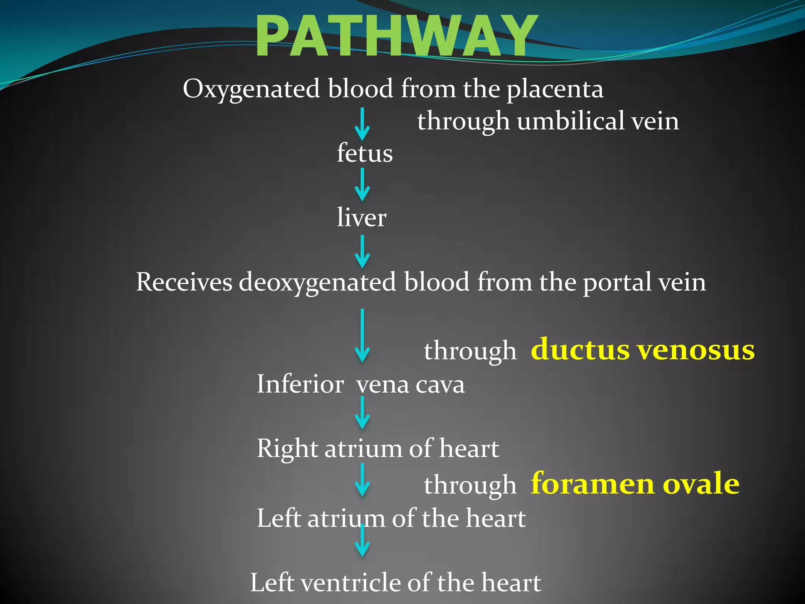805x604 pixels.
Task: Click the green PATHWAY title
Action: [x=396, y=36]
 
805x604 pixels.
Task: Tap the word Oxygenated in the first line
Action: [x=251, y=89]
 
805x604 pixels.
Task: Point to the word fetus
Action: [x=364, y=153]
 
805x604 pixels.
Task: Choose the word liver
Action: [x=362, y=217]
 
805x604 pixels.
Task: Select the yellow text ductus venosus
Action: [x=642, y=349]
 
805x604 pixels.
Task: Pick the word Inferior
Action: [x=300, y=384]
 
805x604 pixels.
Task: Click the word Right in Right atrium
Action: [x=287, y=449]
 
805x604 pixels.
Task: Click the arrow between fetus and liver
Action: [x=362, y=185]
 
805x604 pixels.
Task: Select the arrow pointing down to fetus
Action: [x=362, y=124]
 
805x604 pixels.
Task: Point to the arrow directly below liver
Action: [x=362, y=252]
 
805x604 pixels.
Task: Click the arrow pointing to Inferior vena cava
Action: [x=362, y=335]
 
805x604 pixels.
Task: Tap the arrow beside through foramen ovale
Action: [x=362, y=480]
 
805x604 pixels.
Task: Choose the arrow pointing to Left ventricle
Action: [x=362, y=541]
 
